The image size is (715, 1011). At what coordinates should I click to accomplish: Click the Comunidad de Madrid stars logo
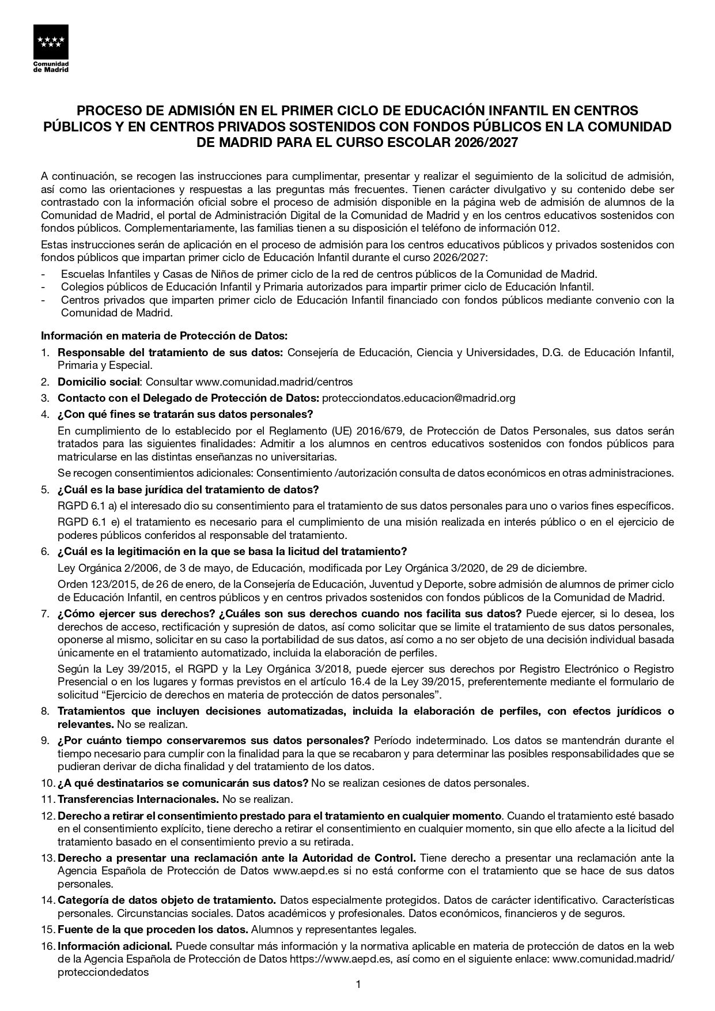tap(51, 42)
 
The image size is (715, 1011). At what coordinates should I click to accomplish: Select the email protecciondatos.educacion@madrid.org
tap(418, 398)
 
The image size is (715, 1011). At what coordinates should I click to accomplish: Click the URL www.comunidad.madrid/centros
tap(274, 382)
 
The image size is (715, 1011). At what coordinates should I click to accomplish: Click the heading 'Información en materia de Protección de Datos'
tap(164, 335)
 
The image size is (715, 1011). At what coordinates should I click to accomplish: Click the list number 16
tap(48, 946)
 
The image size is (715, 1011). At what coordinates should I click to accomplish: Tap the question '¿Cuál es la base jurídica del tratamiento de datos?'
tap(188, 490)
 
